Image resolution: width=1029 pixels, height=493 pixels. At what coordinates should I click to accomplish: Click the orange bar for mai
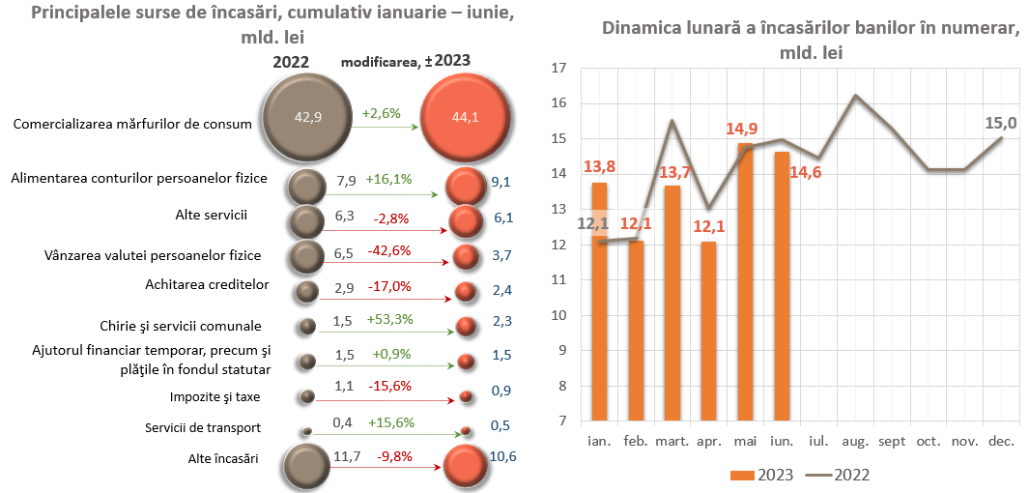(745, 282)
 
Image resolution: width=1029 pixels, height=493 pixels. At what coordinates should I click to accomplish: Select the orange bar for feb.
(636, 331)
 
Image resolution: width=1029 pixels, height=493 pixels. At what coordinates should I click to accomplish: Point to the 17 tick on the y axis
(557, 69)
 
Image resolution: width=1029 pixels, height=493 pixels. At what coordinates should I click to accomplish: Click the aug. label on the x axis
(854, 441)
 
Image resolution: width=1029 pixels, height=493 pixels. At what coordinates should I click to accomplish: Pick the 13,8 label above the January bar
(599, 167)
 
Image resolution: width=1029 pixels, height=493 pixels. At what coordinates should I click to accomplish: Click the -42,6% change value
(391, 250)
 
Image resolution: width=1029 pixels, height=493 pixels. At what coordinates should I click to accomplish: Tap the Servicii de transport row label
(203, 427)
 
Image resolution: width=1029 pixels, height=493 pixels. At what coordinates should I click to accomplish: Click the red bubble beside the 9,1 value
(465, 184)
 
